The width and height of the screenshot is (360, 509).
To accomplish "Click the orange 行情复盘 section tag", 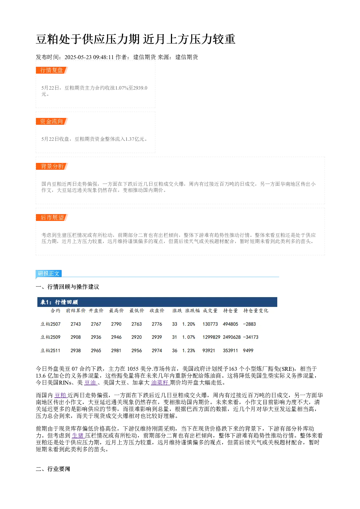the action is (52, 70).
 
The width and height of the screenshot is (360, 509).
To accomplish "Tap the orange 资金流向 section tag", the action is (52, 121).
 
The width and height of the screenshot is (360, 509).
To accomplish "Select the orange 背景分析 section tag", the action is (52, 166).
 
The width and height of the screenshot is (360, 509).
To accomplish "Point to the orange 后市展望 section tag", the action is (52, 217).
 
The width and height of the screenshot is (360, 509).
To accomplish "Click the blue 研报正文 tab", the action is (49, 273).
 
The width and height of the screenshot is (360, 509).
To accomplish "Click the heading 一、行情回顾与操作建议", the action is (67, 287).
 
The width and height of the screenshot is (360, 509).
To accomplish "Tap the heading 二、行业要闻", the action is (53, 469).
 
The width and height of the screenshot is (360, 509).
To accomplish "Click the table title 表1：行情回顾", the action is (59, 302).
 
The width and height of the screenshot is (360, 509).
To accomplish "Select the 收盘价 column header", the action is (157, 311).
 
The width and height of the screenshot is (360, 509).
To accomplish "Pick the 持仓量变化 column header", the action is (256, 311).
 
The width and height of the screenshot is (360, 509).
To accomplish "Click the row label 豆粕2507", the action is (50, 324).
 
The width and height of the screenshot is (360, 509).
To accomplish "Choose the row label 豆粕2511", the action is (50, 350).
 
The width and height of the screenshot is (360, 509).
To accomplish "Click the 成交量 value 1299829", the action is (211, 337).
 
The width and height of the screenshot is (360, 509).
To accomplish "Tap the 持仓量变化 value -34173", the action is (251, 337).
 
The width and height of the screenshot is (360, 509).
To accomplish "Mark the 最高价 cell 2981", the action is (116, 350).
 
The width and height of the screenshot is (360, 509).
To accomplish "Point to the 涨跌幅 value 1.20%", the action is (189, 324).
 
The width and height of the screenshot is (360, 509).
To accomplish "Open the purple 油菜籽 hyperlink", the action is (160, 383).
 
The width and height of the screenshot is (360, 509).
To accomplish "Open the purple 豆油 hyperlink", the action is (90, 383).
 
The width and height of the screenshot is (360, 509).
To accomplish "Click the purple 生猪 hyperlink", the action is (78, 436).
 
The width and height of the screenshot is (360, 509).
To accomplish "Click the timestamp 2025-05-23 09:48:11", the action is (89, 57).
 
